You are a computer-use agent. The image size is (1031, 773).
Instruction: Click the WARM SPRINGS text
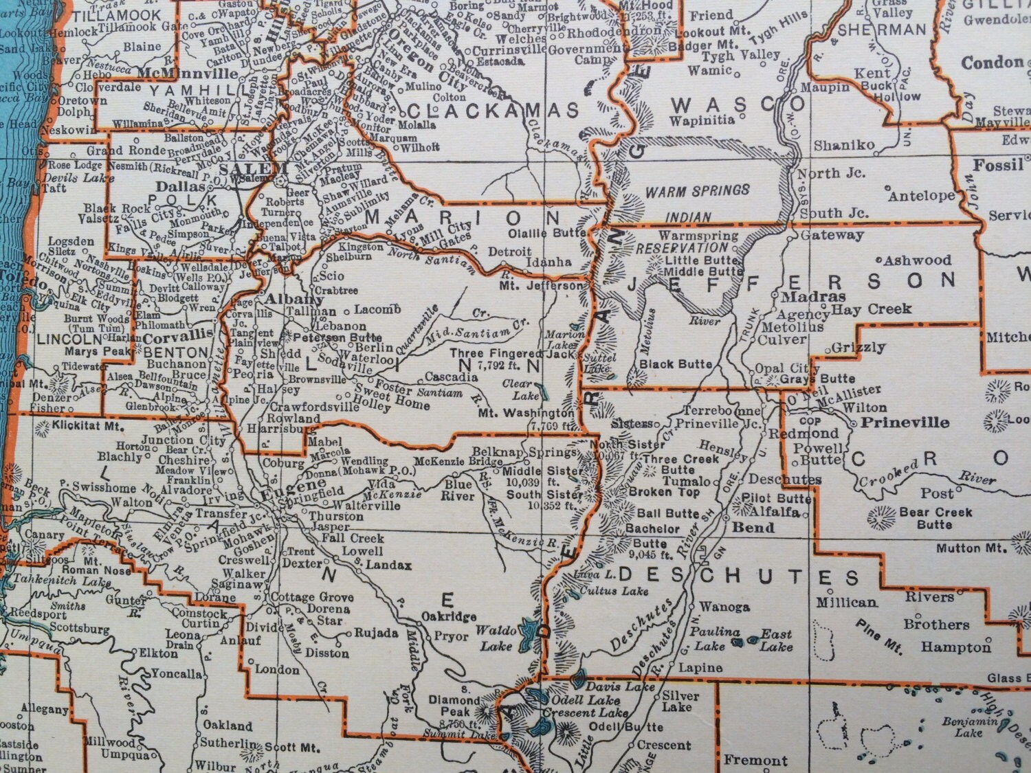click(x=697, y=190)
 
